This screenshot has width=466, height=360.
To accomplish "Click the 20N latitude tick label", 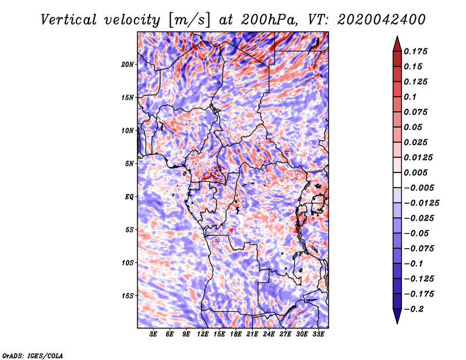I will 128,64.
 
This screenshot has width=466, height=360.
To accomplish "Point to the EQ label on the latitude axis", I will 129,197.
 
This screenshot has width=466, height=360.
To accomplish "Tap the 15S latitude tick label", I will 128,296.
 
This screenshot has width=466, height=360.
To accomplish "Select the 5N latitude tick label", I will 129,164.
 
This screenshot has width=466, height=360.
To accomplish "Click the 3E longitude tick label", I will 154,334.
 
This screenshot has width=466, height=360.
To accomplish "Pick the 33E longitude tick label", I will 318,334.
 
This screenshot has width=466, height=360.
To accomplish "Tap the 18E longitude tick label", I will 236,334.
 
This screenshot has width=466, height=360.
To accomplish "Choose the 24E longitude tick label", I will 269,334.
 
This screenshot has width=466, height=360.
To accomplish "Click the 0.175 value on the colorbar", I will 417,51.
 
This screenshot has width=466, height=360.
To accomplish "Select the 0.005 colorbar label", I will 417,172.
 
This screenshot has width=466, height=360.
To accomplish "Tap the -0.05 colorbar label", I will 417,233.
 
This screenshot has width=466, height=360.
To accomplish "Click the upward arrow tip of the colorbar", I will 397,37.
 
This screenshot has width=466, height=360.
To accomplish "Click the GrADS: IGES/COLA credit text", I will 33,355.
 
